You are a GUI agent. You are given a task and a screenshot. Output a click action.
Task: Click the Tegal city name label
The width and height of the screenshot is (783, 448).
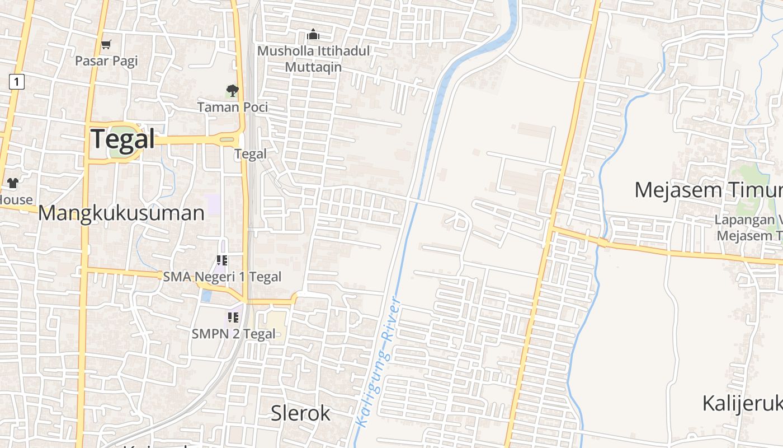tap(122, 138)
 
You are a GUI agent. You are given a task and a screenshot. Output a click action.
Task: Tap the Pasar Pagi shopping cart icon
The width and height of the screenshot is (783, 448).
tap(106, 44)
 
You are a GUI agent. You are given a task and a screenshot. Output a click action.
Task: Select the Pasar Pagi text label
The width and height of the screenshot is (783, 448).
tap(106, 60)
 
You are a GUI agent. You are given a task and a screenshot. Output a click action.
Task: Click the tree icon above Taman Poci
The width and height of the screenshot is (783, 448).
tap(232, 90)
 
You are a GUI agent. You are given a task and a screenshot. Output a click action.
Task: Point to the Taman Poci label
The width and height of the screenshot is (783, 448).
tap(232, 106)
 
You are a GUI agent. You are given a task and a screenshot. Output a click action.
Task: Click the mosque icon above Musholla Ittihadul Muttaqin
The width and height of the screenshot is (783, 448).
tap(313, 35)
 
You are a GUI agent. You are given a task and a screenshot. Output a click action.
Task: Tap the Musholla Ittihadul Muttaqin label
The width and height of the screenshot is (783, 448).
tap(313, 59)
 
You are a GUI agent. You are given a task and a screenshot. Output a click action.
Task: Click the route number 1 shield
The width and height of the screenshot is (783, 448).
tap(17, 82)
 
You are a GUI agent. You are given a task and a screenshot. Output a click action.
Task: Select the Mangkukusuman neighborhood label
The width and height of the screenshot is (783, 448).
tap(121, 213)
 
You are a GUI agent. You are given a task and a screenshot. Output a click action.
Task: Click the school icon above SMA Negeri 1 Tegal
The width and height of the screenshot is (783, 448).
tap(222, 260)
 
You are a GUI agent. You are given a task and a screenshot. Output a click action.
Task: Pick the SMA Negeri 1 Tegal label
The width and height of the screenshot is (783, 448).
tap(222, 277)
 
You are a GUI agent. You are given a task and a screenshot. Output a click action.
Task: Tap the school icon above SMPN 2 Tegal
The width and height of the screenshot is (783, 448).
tap(233, 318)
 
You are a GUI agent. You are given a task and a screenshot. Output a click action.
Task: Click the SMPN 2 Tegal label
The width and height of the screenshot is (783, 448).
tap(233, 334)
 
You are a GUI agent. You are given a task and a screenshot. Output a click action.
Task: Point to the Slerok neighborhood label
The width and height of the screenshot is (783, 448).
tap(300, 413)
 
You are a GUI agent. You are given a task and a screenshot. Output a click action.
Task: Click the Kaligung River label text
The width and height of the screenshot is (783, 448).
tap(378, 364)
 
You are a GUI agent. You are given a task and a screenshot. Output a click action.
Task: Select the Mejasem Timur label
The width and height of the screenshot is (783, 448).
tap(708, 190)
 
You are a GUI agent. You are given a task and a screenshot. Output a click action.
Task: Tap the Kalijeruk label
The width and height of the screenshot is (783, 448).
tap(742, 403)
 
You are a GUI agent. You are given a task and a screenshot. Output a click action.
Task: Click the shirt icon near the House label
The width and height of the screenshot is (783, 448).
tap(13, 183)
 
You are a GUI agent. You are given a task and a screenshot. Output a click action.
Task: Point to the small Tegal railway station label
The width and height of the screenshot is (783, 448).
tap(250, 153)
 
